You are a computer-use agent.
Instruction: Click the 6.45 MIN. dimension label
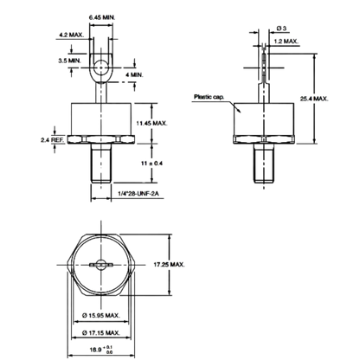coord(102,17)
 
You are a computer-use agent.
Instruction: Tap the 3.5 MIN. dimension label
coord(70,61)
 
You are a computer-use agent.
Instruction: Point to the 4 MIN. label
coord(134,75)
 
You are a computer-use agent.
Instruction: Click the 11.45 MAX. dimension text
coord(151,123)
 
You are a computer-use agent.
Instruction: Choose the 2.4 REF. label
coord(53,140)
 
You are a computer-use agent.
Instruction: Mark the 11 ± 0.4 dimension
coord(151,164)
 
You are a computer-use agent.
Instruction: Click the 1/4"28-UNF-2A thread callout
coord(138,194)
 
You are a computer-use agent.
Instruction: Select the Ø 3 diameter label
coord(281,29)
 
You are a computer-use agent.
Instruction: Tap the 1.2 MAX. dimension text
coord(286,42)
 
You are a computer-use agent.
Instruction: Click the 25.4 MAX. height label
coord(314,99)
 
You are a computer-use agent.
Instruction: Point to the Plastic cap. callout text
coord(209,97)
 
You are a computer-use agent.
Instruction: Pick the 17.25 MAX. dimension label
coord(169,265)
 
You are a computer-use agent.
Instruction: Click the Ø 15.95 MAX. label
coord(101,316)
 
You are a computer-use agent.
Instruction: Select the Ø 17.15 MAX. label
coord(101,333)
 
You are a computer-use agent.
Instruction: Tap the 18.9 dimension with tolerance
coord(100,350)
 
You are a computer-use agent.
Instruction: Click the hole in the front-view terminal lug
coord(101,67)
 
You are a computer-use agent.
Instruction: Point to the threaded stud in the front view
coord(101,164)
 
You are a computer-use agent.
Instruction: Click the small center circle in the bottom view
coord(101,265)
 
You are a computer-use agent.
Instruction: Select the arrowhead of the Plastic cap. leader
coord(238,110)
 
